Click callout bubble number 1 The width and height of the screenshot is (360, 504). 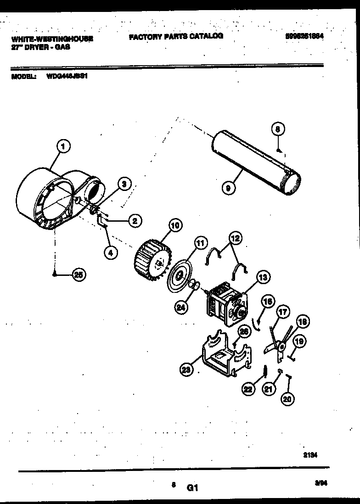point(64,147)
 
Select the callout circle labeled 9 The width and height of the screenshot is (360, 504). point(228,187)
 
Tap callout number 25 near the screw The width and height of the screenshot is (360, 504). point(79,275)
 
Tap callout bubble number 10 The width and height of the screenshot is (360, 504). point(175,225)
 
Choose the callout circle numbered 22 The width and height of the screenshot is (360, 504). point(248,389)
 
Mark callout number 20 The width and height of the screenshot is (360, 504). point(287,399)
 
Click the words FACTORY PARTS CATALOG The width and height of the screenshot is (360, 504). point(176,36)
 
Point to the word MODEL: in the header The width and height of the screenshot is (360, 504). point(23,77)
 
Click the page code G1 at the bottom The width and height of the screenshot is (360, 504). point(192,489)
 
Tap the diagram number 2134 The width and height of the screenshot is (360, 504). point(310,455)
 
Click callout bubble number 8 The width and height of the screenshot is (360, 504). point(278,129)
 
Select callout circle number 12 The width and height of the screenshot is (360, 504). point(235,238)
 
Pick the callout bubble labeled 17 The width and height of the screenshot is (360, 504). point(283,313)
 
